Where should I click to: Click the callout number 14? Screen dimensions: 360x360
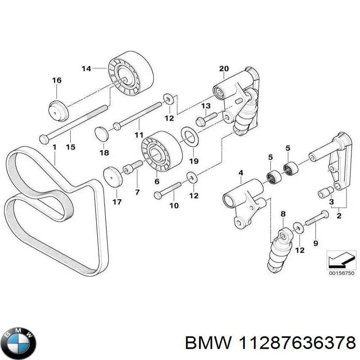coord(86,68)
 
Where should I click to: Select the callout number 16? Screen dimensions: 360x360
coord(57,81)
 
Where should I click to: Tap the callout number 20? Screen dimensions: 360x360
coord(224,68)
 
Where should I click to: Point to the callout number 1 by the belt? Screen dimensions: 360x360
coord(54,147)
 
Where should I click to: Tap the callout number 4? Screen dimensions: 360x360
coord(241,173)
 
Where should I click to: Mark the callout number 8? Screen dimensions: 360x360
coord(283,213)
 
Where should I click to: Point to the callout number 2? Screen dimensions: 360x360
coord(339,216)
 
